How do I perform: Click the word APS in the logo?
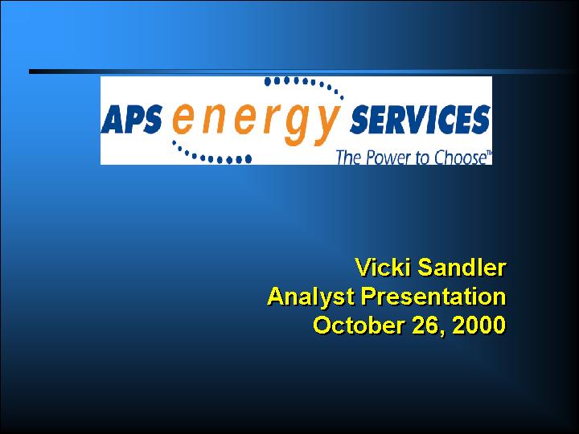pos(131,119)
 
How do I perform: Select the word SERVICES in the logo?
pos(420,119)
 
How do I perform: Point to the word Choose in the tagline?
pos(458,158)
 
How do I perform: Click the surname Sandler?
pos(462,267)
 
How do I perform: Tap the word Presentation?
pos(433,297)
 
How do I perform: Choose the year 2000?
pos(479,325)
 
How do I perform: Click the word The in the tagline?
pos(348,158)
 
